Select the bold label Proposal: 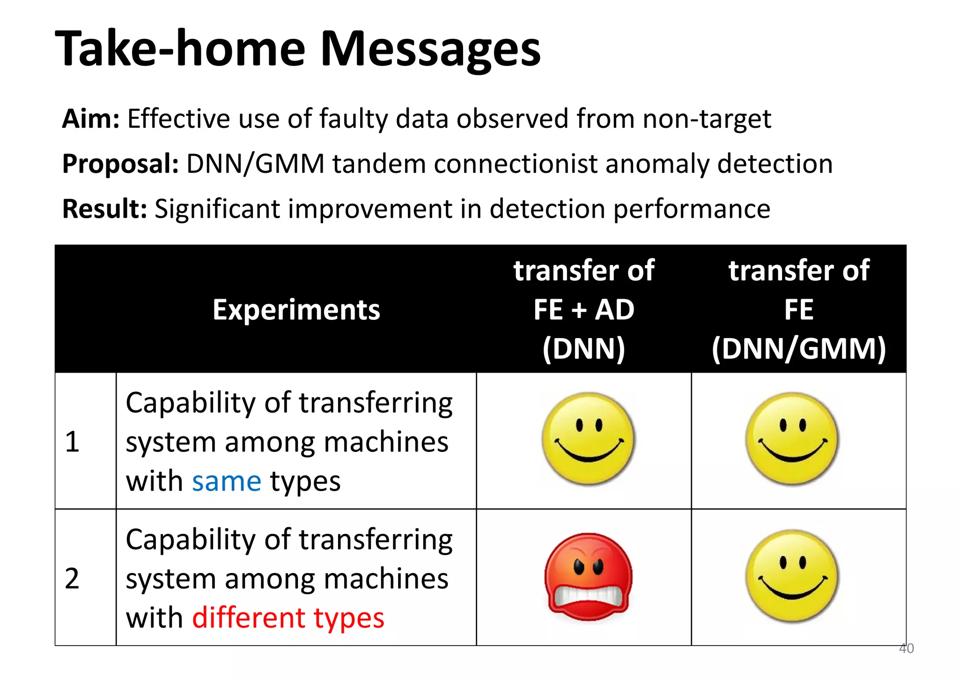pos(120,164)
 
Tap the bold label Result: pos(105,209)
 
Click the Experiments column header pos(296,310)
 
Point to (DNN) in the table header pos(583,349)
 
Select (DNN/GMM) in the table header pos(798,349)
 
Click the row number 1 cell pos(72,442)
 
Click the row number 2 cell pos(72,578)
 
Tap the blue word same pos(227,481)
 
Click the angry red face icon pos(588,577)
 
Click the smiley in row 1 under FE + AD pos(588,438)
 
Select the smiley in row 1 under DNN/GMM pos(792,438)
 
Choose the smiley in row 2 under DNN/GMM pos(792,576)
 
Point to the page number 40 pos(906,649)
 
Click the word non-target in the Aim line pos(707,119)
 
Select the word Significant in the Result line pos(217,209)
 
